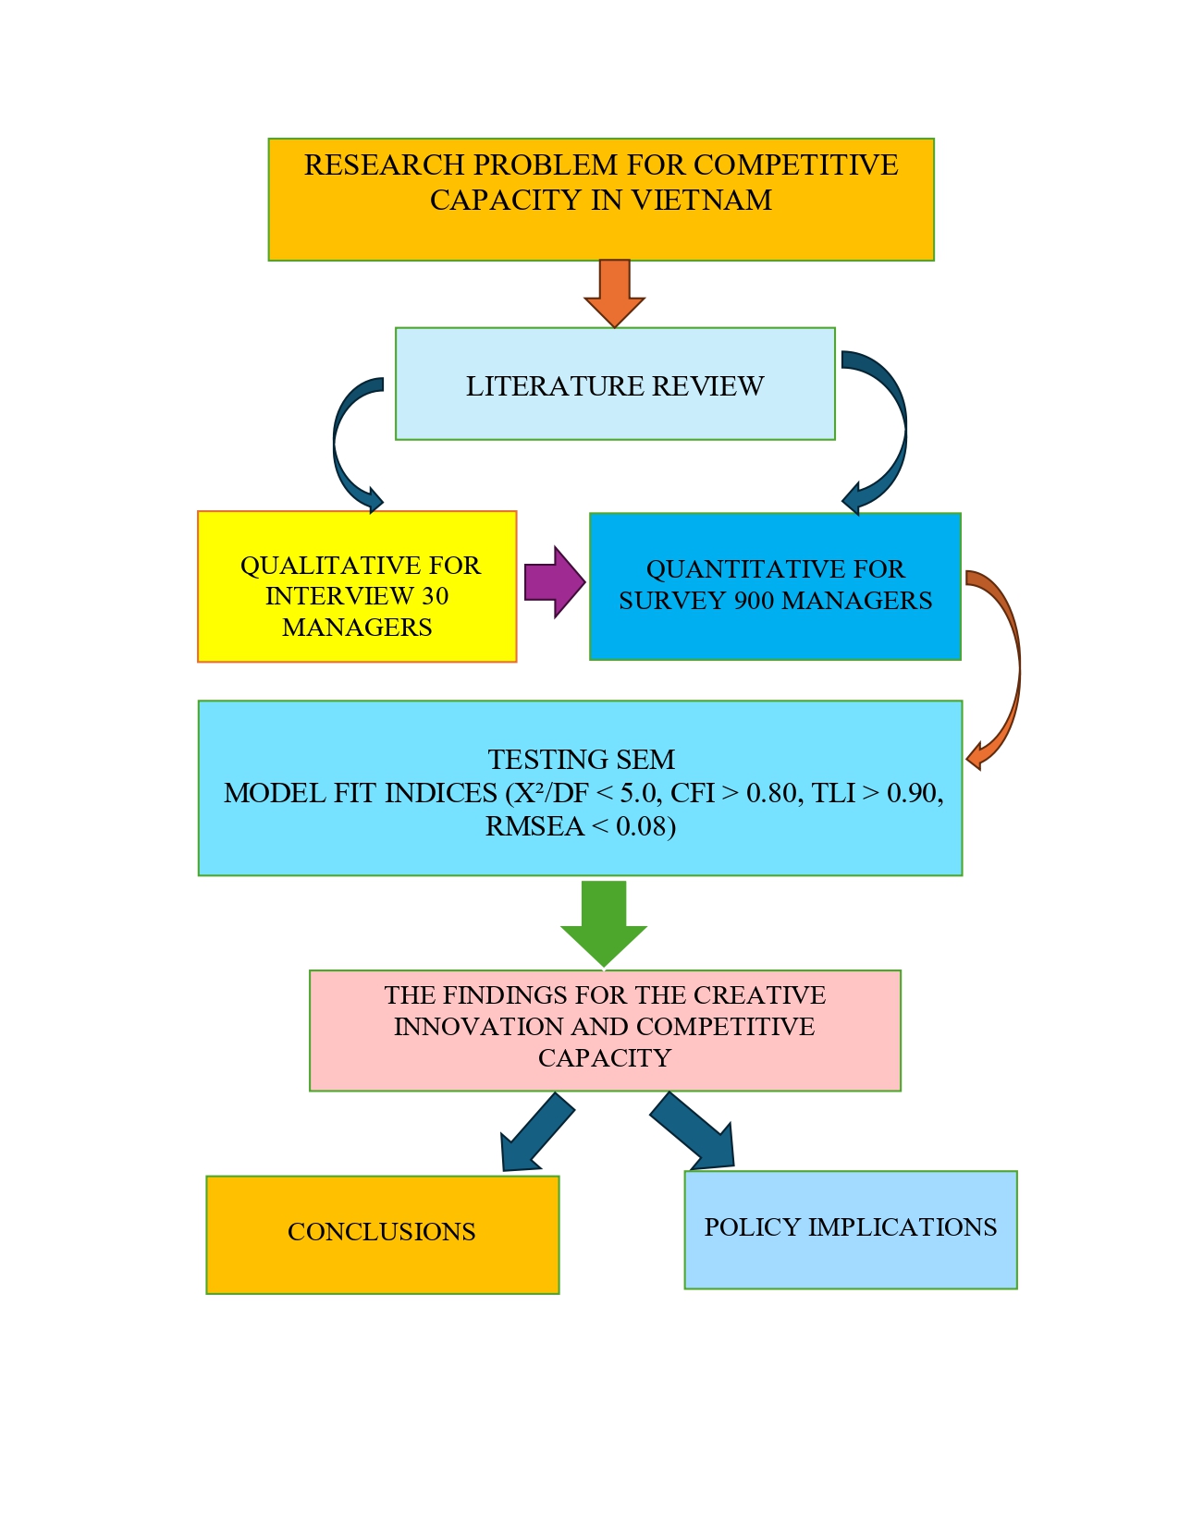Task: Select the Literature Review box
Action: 615,384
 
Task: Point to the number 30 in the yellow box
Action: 435,596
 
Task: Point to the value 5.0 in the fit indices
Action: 638,793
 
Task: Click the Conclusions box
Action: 382,1233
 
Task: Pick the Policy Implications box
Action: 850,1228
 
